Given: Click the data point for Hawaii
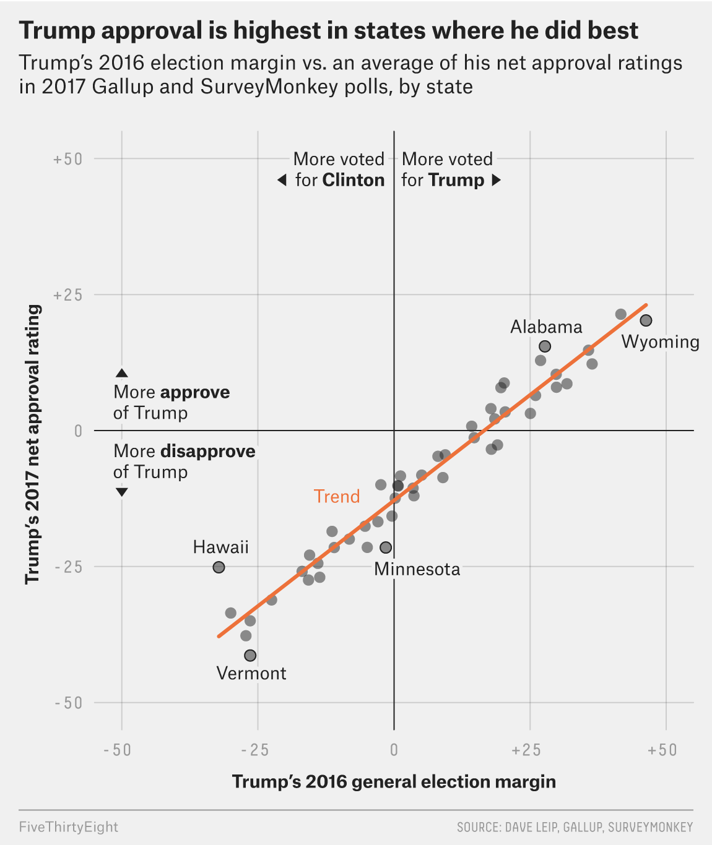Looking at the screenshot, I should [219, 567].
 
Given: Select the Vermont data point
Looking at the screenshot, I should [250, 656].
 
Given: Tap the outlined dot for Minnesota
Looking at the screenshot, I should [386, 547].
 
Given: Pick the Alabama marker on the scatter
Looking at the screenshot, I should [545, 346].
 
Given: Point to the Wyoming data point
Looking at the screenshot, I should [646, 320].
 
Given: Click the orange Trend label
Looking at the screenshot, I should [337, 497].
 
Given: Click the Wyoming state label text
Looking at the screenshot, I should [660, 342].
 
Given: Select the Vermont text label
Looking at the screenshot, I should [251, 674].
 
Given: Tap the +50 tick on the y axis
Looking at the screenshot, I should [67, 159].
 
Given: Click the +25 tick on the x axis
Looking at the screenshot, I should [526, 750].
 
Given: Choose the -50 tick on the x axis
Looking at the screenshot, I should [118, 750].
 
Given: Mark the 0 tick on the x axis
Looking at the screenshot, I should [394, 750].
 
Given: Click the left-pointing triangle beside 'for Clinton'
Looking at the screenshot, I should [282, 180].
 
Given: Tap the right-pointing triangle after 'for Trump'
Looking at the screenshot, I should [496, 180].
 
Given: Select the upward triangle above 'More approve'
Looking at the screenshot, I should [122, 373].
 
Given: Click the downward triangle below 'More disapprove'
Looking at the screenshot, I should [122, 492].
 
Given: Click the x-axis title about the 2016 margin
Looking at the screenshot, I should [394, 782].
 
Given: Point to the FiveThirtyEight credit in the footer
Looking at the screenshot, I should [69, 827].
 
